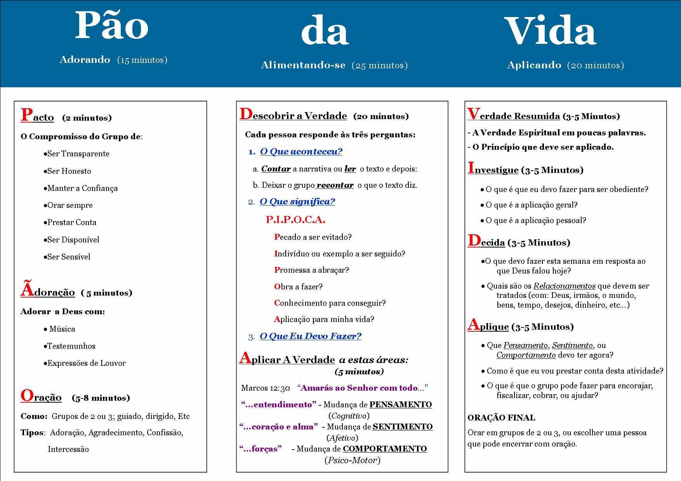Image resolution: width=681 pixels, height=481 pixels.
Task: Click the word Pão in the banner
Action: point(111,26)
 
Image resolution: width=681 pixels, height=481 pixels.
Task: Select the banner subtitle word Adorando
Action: point(85,60)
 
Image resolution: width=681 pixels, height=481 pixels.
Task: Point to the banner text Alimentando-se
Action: point(303,65)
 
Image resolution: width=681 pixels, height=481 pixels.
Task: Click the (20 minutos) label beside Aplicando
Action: point(595,65)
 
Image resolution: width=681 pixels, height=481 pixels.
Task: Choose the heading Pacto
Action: point(37,116)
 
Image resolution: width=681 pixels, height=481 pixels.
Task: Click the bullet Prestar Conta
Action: point(71,222)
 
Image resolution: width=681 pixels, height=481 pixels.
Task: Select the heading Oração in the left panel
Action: point(41,396)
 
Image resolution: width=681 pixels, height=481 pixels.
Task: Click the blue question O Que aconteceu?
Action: point(301,152)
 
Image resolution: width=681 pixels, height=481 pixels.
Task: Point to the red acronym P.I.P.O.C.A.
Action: point(295,220)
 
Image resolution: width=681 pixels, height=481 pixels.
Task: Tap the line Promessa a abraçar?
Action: point(311,270)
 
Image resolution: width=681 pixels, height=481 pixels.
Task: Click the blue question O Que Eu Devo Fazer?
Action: point(310,336)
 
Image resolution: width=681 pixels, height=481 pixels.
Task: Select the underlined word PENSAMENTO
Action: point(400,405)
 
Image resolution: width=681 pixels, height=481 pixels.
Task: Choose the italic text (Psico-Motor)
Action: point(352,460)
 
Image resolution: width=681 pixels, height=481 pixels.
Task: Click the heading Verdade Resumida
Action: point(513,115)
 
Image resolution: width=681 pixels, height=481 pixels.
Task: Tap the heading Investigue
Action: point(493,169)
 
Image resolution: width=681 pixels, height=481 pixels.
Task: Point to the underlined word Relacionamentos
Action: point(564,286)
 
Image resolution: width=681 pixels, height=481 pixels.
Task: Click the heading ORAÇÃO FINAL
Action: point(501,418)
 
